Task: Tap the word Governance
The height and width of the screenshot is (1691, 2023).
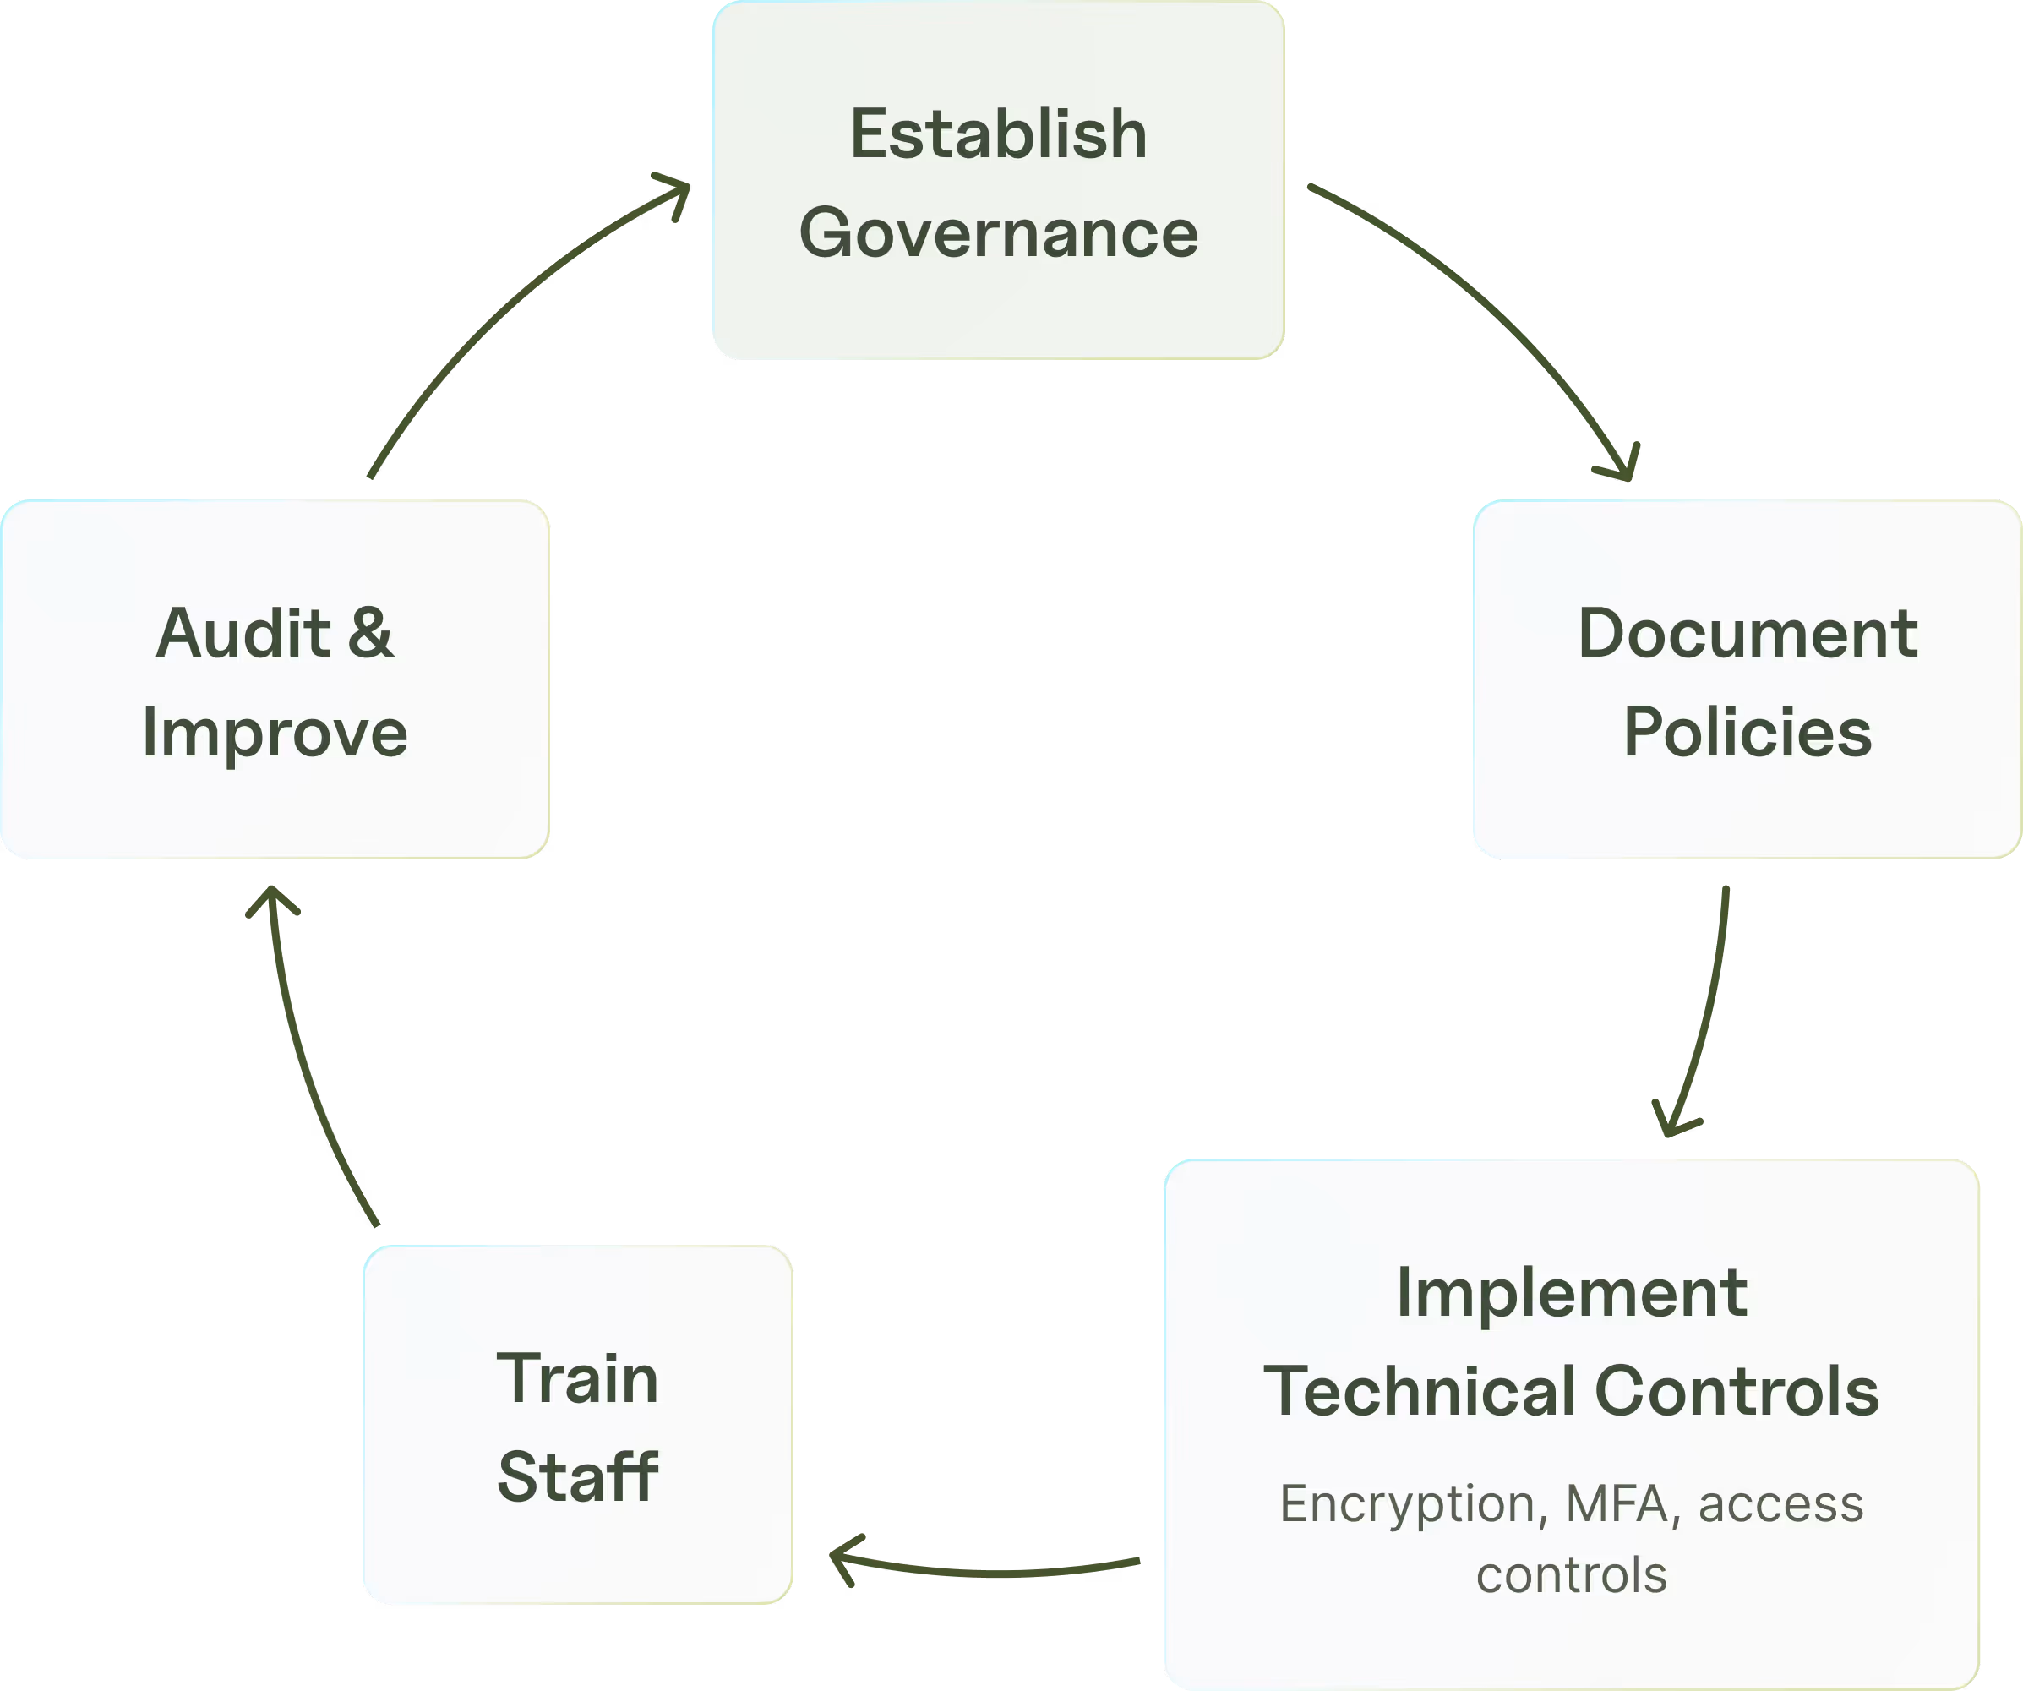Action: [x=998, y=234]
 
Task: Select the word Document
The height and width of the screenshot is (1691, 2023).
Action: [x=1748, y=633]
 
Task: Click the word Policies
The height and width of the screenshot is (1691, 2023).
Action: [x=1748, y=733]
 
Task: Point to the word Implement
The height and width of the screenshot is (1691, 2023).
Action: [x=1571, y=1292]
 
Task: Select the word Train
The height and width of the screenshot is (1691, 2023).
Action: [x=577, y=1379]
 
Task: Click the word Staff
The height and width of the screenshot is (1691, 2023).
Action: [x=577, y=1477]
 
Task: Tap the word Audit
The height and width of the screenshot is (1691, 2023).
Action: [x=243, y=633]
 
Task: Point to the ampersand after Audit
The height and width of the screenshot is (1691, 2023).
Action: [x=371, y=633]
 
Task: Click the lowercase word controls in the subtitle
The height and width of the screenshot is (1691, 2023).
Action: [x=1571, y=1575]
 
